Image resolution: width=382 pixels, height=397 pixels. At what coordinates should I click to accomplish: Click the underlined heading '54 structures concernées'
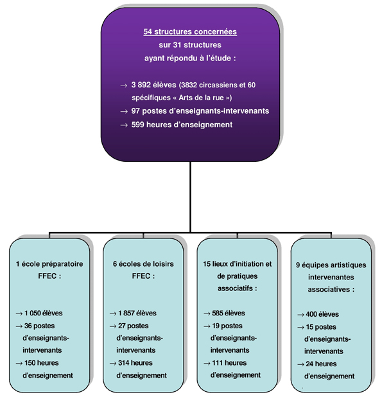tap(190, 31)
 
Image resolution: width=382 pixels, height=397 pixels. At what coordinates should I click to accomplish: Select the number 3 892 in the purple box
tap(141, 85)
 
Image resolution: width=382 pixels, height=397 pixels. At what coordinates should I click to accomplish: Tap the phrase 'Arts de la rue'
tap(202, 98)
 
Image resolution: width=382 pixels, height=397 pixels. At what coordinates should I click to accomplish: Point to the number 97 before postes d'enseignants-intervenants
tap(135, 111)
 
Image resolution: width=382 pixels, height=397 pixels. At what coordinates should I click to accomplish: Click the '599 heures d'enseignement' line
tap(182, 125)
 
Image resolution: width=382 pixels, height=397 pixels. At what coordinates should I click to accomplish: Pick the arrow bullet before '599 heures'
tap(124, 125)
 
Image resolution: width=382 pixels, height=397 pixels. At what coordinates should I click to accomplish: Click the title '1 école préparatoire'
tap(49, 264)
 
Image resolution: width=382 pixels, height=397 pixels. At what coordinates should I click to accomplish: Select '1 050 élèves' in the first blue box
tap(43, 313)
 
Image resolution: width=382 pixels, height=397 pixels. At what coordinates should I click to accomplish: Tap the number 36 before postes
tap(28, 326)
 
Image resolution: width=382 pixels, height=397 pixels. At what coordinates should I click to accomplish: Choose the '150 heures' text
tap(42, 363)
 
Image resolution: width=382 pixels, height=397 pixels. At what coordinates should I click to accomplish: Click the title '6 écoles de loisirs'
tap(143, 264)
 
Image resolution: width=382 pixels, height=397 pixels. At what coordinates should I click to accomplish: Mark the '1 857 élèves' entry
tap(137, 313)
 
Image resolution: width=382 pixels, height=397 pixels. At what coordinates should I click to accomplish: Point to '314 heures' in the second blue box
tap(135, 363)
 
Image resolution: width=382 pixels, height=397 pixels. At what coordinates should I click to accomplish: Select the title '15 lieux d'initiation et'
tap(238, 264)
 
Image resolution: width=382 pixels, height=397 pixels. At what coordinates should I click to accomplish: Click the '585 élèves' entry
tap(229, 313)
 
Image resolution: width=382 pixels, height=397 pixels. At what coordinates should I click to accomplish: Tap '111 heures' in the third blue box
tap(229, 363)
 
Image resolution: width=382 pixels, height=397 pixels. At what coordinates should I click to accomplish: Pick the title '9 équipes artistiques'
tap(331, 265)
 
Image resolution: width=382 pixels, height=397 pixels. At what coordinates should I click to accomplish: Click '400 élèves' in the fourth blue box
tap(322, 314)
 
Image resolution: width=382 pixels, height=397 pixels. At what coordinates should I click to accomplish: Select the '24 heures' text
tap(321, 364)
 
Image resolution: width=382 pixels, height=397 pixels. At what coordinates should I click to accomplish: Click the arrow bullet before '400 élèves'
tap(300, 315)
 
